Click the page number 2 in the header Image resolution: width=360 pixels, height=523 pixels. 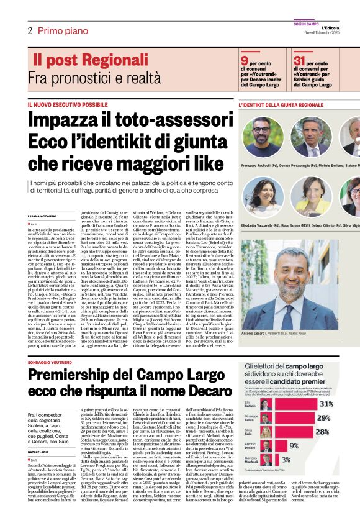click(x=29, y=30)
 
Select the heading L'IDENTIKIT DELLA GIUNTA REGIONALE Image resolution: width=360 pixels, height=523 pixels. click(x=281, y=105)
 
